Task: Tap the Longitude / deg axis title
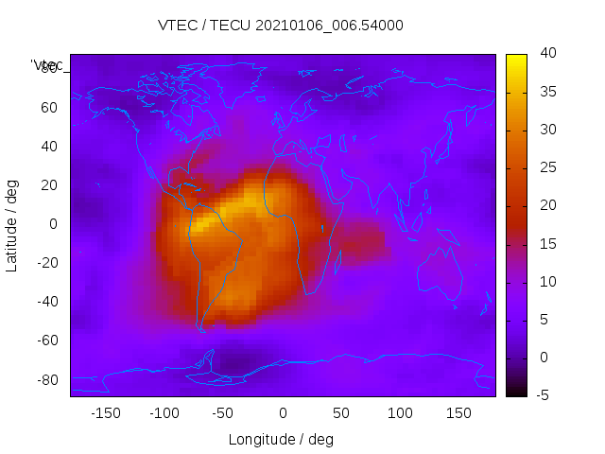(x=281, y=440)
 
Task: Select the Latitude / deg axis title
(x=12, y=224)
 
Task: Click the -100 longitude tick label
(x=164, y=413)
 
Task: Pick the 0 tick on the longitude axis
(x=283, y=413)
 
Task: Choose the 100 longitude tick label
(x=401, y=413)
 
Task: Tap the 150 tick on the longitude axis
(x=459, y=413)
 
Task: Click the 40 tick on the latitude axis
(x=49, y=147)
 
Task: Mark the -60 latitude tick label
(x=46, y=340)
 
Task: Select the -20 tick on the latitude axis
(x=46, y=263)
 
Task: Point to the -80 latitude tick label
(x=46, y=379)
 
